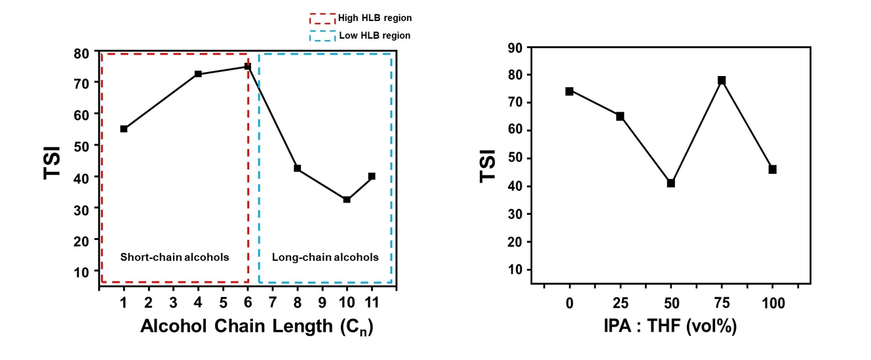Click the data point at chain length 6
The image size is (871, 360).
248,66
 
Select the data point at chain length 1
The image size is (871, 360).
124,129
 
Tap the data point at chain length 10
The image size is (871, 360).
347,199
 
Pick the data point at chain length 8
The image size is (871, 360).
297,169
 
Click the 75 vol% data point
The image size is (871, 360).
722,80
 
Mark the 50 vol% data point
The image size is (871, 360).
671,183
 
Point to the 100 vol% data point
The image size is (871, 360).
773,169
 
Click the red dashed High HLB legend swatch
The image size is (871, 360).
321,18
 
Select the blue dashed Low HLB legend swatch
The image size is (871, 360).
321,35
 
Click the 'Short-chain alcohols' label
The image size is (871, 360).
174,257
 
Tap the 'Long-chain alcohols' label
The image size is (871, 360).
325,257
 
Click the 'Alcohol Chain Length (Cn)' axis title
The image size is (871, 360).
256,326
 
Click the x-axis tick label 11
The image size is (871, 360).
372,303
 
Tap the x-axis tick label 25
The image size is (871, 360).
620,303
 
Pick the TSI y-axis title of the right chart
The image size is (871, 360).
487,167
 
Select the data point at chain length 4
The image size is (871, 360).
198,74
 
